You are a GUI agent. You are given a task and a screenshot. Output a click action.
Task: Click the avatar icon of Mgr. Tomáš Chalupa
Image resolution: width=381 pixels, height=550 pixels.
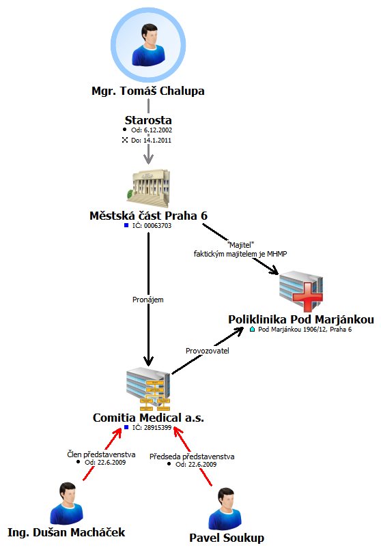click(148, 45)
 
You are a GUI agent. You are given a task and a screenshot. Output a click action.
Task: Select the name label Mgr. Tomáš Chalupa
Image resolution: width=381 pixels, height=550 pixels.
click(148, 91)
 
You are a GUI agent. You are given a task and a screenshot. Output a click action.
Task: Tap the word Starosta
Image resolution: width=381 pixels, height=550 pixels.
click(148, 120)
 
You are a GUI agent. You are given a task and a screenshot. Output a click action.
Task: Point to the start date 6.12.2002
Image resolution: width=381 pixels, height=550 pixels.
click(158, 130)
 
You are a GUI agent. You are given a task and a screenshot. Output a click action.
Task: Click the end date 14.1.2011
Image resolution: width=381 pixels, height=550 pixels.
click(157, 141)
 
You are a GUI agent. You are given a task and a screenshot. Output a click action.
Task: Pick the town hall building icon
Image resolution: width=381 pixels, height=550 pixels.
click(148, 188)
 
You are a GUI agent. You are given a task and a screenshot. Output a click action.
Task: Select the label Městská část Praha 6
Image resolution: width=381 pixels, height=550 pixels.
click(148, 216)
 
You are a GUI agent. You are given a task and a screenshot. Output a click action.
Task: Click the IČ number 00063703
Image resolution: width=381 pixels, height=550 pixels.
click(158, 226)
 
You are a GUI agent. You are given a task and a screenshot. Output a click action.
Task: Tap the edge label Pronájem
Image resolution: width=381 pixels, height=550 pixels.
click(147, 300)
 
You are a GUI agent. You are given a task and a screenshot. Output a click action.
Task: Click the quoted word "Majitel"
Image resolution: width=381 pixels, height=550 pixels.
click(240, 245)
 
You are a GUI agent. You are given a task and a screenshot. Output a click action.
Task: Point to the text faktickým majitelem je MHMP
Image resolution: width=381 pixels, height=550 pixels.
click(240, 254)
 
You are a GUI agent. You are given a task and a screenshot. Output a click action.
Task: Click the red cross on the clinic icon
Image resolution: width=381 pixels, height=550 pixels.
click(307, 296)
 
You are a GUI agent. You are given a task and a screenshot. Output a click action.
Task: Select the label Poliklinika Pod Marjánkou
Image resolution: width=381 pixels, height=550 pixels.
click(301, 319)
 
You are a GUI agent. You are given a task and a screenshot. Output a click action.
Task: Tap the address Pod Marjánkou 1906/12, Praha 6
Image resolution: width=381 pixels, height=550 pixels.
click(305, 330)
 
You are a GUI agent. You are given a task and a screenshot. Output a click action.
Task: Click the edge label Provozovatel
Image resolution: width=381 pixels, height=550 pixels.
click(208, 351)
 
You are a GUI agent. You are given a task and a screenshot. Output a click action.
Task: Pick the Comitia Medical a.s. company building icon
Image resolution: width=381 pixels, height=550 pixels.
click(148, 389)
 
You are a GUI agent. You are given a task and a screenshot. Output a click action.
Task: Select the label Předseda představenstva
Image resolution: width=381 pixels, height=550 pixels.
click(192, 457)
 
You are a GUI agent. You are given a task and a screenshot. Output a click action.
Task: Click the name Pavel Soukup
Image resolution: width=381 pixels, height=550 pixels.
click(227, 538)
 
